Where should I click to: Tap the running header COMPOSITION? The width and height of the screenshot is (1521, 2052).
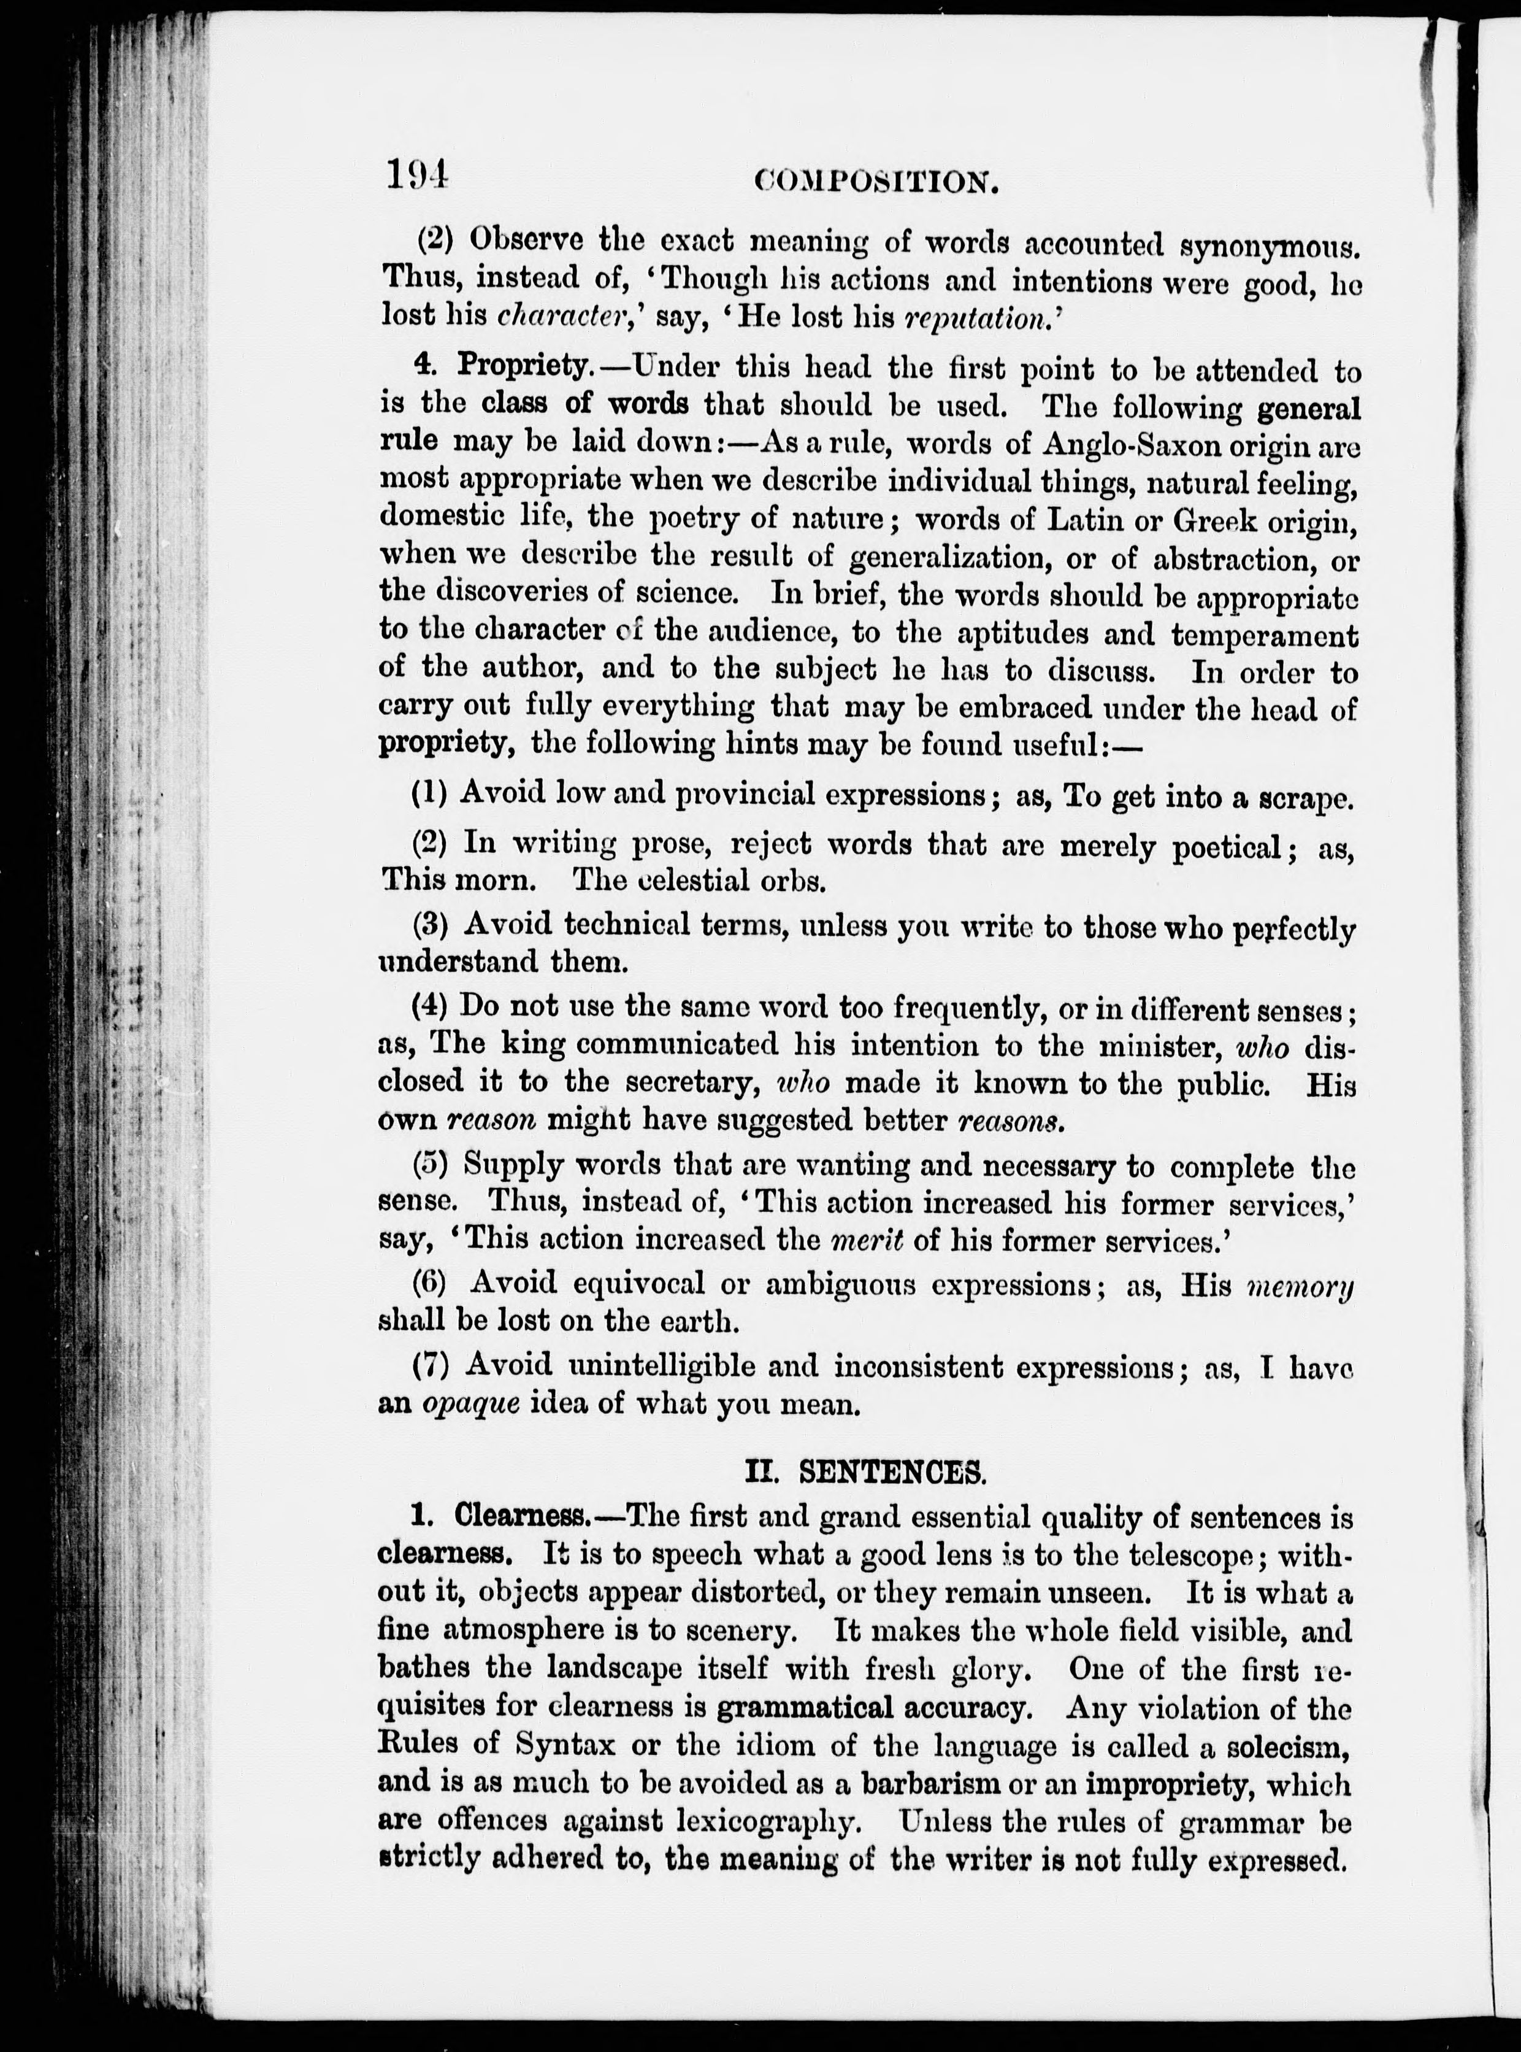(876, 182)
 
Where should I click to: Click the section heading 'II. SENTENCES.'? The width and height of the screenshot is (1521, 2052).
(865, 1473)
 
